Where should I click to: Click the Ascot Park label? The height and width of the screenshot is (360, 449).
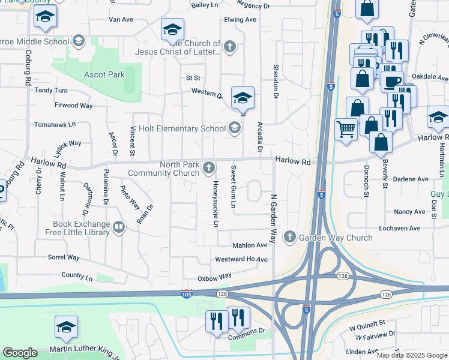104,75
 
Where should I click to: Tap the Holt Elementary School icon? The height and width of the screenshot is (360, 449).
234,127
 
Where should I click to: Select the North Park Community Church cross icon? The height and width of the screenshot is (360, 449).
208,166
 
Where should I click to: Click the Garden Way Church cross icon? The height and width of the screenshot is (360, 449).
290,237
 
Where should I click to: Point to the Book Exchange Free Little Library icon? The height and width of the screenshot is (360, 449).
119,227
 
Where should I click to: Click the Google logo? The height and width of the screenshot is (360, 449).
20,353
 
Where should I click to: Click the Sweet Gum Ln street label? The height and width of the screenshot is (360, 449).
234,187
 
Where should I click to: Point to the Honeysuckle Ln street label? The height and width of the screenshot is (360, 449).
215,204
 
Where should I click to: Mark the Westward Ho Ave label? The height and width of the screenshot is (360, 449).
241,259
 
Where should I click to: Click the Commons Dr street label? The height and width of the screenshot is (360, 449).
247,331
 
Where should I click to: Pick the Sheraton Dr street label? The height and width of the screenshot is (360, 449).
276,82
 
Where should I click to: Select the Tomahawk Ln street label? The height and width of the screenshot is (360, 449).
55,124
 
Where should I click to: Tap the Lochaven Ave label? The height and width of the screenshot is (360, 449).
399,229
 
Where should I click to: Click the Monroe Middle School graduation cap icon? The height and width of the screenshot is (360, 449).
77,41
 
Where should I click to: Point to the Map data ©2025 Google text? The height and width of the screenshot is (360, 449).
411,355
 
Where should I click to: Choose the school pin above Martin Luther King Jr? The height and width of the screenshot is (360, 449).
66,327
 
